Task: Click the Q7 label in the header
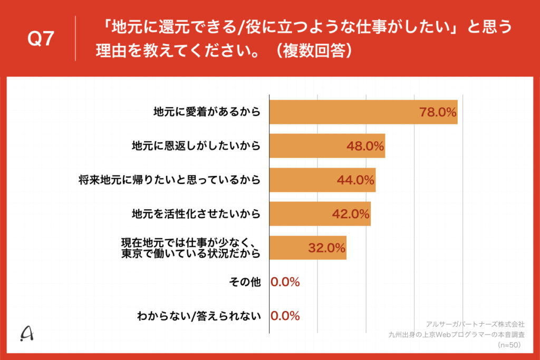[x=41, y=40]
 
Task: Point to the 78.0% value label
[x=437, y=112]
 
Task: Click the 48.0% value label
[x=365, y=146]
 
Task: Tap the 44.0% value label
[x=355, y=180]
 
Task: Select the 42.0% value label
[x=351, y=213]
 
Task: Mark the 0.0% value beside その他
[x=285, y=282]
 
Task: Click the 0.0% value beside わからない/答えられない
[x=285, y=316]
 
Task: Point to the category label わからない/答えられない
[x=199, y=316]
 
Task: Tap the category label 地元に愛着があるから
[x=207, y=112]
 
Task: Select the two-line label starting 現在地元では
[x=191, y=248]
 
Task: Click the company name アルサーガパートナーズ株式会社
[x=475, y=324]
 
